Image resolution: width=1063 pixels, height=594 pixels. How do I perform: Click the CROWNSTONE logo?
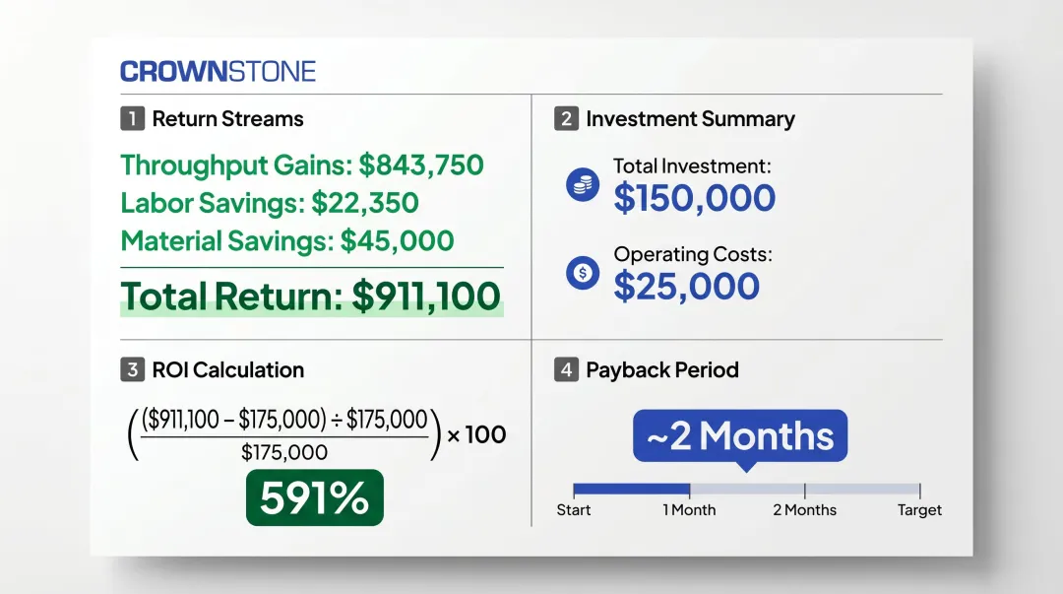(218, 71)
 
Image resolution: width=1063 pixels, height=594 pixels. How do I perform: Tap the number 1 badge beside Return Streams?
(132, 119)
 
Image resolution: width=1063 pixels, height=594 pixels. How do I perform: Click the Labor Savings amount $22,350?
(365, 203)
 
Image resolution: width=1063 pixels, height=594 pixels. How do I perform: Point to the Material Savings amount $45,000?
(397, 240)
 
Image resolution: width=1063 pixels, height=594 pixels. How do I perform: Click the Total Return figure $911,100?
(426, 296)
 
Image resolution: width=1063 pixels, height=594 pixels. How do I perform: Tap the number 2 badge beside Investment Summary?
(566, 119)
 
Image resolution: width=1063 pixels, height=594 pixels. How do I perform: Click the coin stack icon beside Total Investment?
(583, 184)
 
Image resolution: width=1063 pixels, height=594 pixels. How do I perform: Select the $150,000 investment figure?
(694, 198)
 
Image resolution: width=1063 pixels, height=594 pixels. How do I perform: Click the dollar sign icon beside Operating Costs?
(583, 273)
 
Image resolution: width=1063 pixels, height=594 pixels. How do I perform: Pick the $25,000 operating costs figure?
(686, 286)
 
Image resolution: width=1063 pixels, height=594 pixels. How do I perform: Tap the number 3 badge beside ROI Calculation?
(132, 370)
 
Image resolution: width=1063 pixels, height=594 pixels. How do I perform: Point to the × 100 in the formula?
(476, 433)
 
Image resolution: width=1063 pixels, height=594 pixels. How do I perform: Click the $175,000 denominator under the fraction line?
(284, 452)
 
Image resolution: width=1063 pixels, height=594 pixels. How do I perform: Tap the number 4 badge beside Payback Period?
(566, 370)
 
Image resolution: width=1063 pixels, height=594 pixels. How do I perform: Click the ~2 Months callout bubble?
(739, 435)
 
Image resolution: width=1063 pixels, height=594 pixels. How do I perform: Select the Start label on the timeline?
(574, 510)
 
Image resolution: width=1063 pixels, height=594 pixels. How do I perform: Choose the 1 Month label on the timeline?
(689, 510)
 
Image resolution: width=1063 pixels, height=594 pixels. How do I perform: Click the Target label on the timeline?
(919, 510)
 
